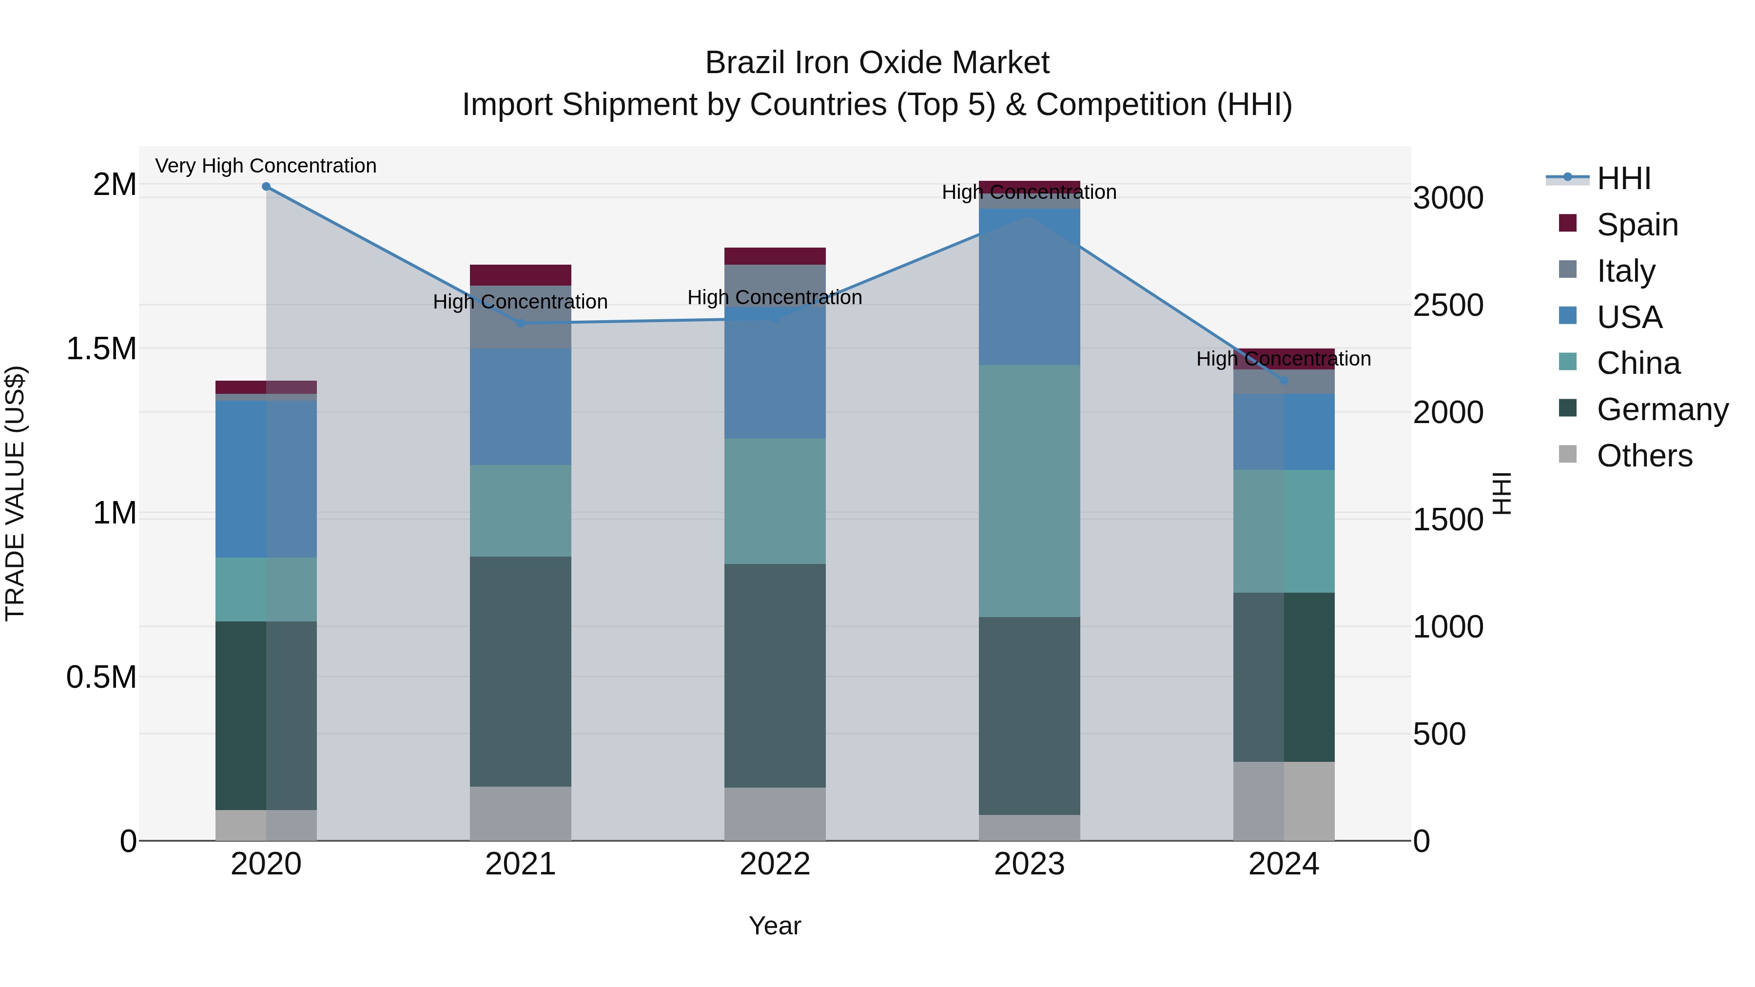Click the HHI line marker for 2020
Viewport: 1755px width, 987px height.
266,187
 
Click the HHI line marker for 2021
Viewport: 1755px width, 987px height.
521,323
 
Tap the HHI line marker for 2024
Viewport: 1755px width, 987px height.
1284,380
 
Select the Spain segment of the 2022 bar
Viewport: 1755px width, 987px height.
775,256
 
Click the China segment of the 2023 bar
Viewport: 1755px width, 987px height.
1030,490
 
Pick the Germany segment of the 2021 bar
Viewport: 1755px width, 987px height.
521,671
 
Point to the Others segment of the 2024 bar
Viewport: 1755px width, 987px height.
1284,800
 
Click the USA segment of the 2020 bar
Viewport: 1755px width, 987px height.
266,479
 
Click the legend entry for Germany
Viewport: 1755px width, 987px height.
1662,409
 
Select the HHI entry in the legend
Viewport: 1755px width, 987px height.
1623,178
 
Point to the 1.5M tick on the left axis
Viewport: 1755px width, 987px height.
101,349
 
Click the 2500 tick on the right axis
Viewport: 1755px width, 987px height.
1448,305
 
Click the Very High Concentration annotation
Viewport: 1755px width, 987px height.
266,166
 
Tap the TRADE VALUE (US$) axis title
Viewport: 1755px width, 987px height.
15,493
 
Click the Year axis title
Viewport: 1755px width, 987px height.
775,926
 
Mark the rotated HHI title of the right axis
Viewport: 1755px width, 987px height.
1501,493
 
